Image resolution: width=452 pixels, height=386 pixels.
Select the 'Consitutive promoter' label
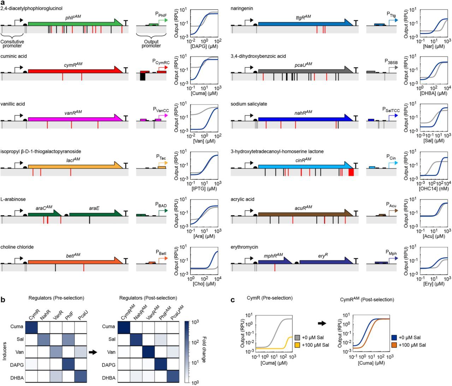tap(12, 44)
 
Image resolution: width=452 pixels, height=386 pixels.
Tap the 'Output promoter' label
tap(151, 44)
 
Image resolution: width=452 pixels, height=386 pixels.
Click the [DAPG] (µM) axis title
tap(204, 46)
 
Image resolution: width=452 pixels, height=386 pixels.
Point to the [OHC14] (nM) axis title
tap(434, 189)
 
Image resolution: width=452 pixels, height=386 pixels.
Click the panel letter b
tap(3, 300)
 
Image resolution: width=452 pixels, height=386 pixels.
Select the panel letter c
tap(233, 300)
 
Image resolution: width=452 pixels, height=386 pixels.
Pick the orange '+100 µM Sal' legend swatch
tap(394, 345)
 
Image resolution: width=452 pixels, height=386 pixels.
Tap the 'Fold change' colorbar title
tap(204, 350)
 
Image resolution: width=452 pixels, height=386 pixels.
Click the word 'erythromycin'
tap(244, 247)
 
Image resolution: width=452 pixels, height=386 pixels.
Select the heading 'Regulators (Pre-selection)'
tap(56, 298)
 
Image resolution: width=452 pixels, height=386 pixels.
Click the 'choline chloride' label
tap(17, 247)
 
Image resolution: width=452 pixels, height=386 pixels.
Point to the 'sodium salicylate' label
tap(249, 104)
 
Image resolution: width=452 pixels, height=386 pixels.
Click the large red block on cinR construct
tap(351, 172)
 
